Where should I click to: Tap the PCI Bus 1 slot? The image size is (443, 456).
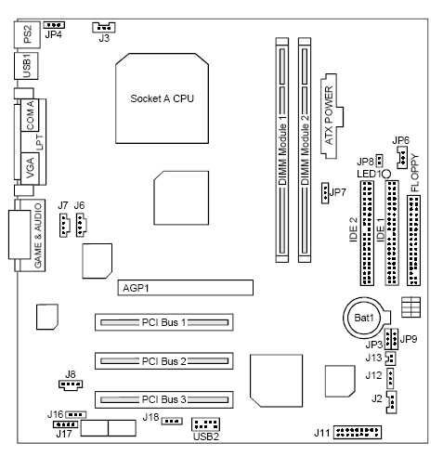coord(163,323)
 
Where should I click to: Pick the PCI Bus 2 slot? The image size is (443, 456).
coord(163,360)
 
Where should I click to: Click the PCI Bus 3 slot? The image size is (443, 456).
coord(163,398)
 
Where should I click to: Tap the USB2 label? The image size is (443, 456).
coord(206,436)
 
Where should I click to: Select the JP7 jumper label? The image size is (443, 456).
coord(338,192)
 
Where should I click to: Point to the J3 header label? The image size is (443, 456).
coord(103,39)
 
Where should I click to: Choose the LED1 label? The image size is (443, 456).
coord(366,174)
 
